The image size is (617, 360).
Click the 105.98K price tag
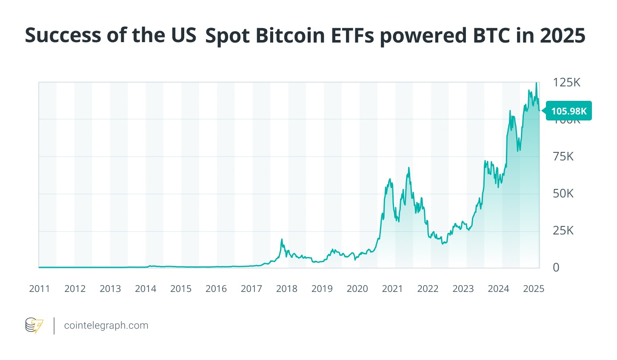click(568, 111)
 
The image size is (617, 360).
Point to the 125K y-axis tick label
click(566, 83)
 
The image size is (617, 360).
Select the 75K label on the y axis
click(563, 157)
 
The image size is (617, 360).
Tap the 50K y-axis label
click(563, 194)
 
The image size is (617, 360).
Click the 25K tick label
click(563, 231)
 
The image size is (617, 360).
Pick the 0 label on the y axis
click(556, 268)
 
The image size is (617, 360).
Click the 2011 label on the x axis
click(40, 289)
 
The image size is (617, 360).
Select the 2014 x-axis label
click(146, 289)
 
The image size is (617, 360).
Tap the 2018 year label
click(287, 289)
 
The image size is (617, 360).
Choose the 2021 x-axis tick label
click(392, 289)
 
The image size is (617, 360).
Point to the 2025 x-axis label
click(534, 289)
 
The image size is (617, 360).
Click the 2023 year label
click(463, 289)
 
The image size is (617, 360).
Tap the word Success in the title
click(63, 36)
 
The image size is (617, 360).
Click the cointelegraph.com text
click(106, 326)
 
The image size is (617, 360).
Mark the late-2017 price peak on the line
click(282, 240)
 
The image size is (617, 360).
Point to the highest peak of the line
click(536, 83)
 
